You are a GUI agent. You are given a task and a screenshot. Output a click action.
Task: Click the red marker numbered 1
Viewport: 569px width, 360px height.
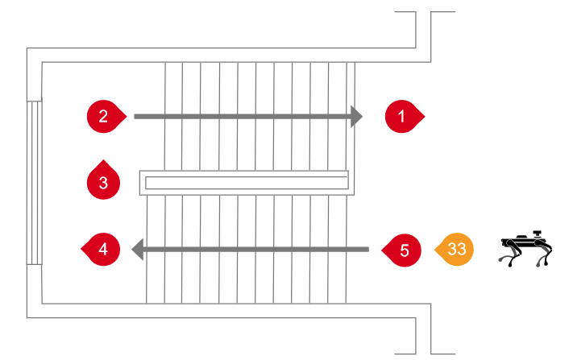point(402,117)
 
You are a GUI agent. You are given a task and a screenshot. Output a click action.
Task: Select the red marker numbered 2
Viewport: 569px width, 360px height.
point(104,116)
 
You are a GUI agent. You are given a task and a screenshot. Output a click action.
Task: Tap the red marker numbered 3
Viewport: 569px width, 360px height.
point(103,182)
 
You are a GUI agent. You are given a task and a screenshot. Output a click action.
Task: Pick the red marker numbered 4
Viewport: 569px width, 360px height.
point(103,250)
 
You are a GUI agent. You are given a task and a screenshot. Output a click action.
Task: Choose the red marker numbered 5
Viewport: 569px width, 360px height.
point(405,250)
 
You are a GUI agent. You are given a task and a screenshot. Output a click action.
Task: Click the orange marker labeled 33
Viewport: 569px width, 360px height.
point(456,250)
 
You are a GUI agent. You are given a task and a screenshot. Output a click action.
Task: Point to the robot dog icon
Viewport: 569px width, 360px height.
point(525,249)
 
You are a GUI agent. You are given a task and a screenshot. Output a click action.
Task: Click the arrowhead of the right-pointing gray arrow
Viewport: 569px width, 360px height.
point(357,117)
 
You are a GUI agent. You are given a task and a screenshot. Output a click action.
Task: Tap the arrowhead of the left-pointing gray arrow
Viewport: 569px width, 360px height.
point(138,250)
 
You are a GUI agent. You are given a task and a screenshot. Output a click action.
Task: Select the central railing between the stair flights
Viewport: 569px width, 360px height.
point(244,183)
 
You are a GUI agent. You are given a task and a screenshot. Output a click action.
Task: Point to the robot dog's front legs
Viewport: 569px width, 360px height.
point(546,255)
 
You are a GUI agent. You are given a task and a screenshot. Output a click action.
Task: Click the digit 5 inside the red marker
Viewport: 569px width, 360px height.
point(405,250)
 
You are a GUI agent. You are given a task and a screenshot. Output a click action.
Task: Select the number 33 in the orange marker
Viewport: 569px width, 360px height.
point(456,250)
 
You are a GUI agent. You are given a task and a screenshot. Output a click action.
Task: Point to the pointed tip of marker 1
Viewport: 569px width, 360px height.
point(424,117)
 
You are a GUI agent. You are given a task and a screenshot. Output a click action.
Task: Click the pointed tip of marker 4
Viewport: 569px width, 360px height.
point(81,250)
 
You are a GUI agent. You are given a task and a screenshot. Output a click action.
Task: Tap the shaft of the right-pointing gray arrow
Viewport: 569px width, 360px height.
point(242,117)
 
